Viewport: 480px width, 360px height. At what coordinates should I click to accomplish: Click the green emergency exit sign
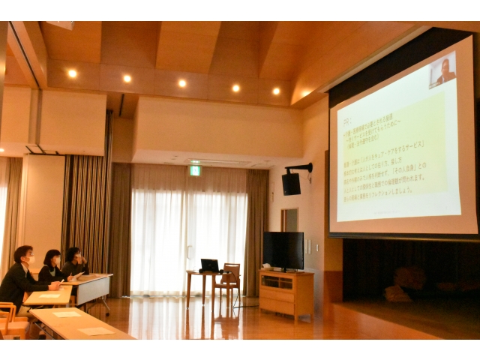click(x=195, y=170)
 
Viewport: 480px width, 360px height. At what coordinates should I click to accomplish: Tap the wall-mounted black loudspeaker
click(x=291, y=183)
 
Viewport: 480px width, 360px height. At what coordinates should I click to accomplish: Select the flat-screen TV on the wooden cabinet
click(x=283, y=250)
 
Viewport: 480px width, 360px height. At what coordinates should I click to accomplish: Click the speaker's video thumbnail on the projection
click(x=442, y=70)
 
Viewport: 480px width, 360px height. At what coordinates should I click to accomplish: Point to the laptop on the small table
click(x=209, y=265)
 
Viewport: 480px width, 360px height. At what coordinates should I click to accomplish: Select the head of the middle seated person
click(x=52, y=259)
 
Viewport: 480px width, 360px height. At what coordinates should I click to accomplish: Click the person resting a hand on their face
click(x=74, y=263)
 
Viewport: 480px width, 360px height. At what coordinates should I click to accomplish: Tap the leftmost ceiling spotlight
click(x=72, y=73)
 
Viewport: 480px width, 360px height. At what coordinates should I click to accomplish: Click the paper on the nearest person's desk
click(x=50, y=295)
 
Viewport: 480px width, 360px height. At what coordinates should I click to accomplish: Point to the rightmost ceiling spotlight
click(x=276, y=91)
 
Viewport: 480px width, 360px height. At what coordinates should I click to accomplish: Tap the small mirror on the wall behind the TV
click(x=289, y=220)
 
